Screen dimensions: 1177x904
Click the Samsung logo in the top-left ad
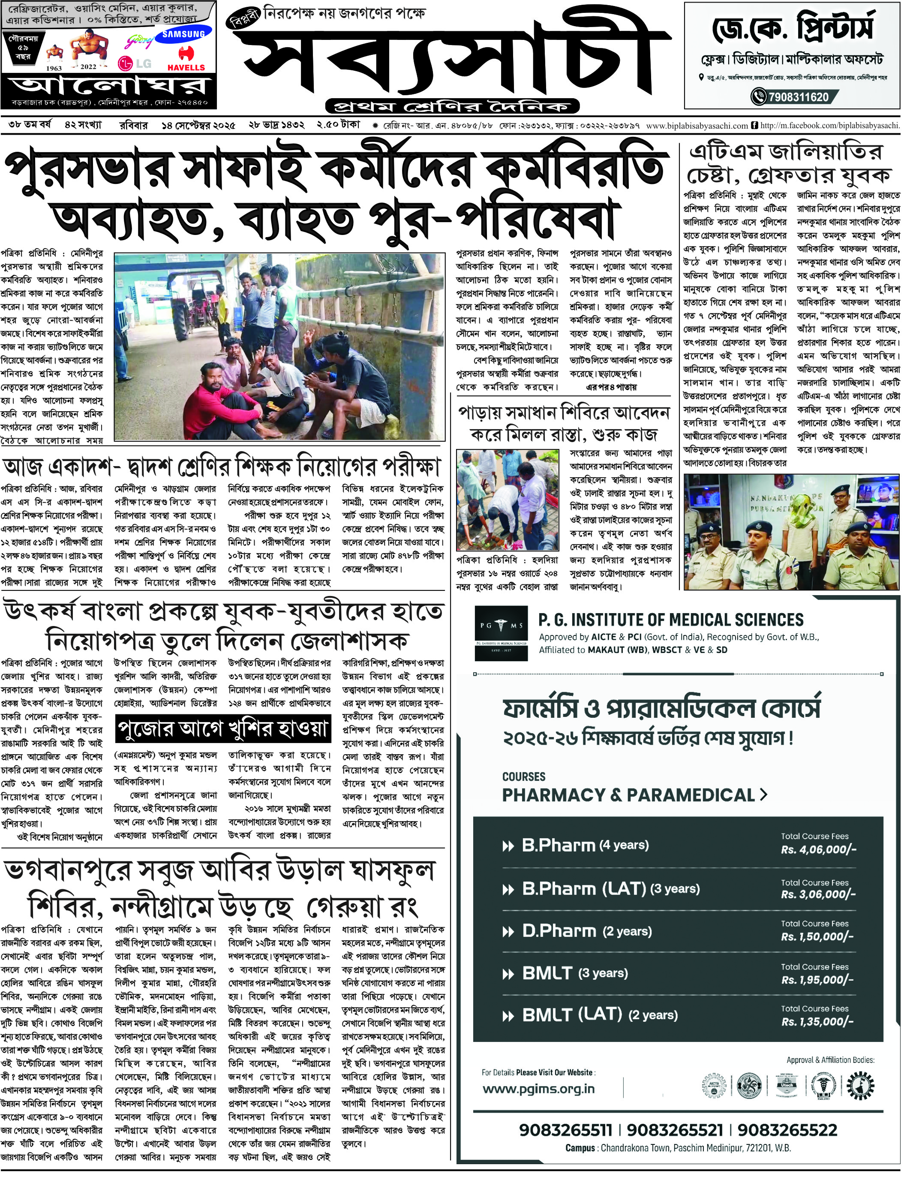pos(183,34)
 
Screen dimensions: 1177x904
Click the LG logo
pos(134,63)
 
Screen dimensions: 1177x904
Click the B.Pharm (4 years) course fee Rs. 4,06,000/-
pos(818,850)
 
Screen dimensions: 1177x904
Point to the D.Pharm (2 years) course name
pos(586,931)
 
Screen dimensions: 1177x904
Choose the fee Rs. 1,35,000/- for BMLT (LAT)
pos(817,1021)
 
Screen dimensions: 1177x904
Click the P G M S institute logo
pos(501,633)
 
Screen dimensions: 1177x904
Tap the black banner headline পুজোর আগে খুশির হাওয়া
pos(223,728)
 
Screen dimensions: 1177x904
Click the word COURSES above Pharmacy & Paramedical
pos(523,777)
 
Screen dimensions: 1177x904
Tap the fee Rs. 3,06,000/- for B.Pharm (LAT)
pos(818,894)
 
